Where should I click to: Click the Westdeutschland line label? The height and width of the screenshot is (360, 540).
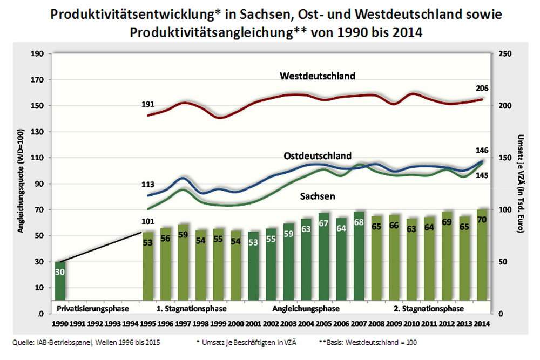pos(318,76)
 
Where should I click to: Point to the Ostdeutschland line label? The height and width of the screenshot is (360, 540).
pos(318,156)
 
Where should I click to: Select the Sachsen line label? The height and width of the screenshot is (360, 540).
pos(318,196)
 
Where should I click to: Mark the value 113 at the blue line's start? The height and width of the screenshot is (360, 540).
pos(147,184)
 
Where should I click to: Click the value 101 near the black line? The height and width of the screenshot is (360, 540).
pos(147,221)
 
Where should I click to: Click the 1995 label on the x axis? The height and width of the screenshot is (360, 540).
pos(148,324)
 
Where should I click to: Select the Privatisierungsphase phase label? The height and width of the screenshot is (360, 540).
pos(93,309)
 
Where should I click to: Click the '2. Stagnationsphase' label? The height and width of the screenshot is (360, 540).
pos(428,309)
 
